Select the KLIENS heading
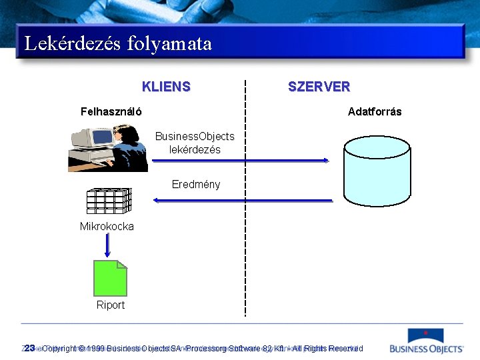click(x=166, y=87)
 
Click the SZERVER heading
click(x=319, y=87)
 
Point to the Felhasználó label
click(x=111, y=111)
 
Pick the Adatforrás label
click(x=375, y=111)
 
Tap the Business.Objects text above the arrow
click(x=195, y=136)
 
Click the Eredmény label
click(x=196, y=184)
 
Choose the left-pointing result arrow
click(x=243, y=200)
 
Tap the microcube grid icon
click(x=109, y=201)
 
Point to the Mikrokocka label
click(x=107, y=226)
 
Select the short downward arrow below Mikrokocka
click(x=107, y=246)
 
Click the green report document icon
click(x=110, y=278)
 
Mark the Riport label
click(x=111, y=305)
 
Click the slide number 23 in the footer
click(x=29, y=348)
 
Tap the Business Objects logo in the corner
click(x=427, y=341)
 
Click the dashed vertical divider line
click(x=245, y=200)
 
